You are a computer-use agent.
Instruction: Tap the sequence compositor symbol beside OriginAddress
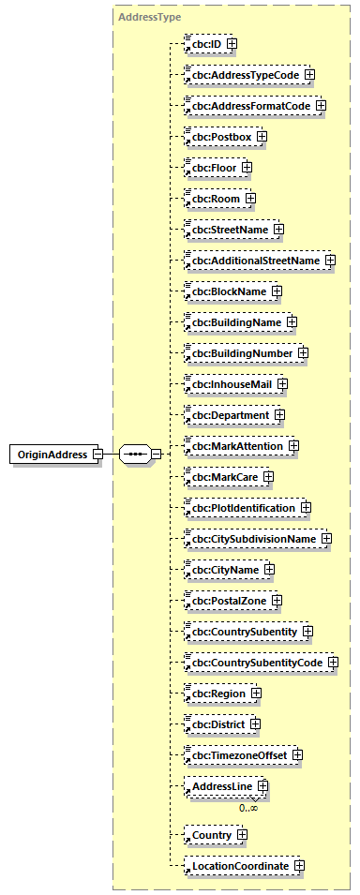point(136,455)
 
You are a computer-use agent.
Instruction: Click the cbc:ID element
point(205,43)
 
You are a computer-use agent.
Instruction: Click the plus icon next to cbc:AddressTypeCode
point(308,74)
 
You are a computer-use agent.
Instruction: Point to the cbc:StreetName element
point(230,230)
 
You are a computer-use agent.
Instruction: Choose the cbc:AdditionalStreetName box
point(255,261)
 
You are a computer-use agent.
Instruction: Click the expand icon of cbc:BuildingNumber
point(303,353)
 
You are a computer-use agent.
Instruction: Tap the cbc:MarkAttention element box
point(237,446)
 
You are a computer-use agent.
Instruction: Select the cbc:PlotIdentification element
point(244,508)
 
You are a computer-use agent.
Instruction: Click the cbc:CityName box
point(225,570)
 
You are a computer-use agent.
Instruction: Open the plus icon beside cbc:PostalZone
point(277,600)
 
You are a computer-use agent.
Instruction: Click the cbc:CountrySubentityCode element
point(257,663)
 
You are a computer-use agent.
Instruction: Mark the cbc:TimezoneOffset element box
point(239,755)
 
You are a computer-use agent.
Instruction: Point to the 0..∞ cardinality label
point(248,807)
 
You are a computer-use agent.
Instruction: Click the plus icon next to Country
point(241,834)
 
